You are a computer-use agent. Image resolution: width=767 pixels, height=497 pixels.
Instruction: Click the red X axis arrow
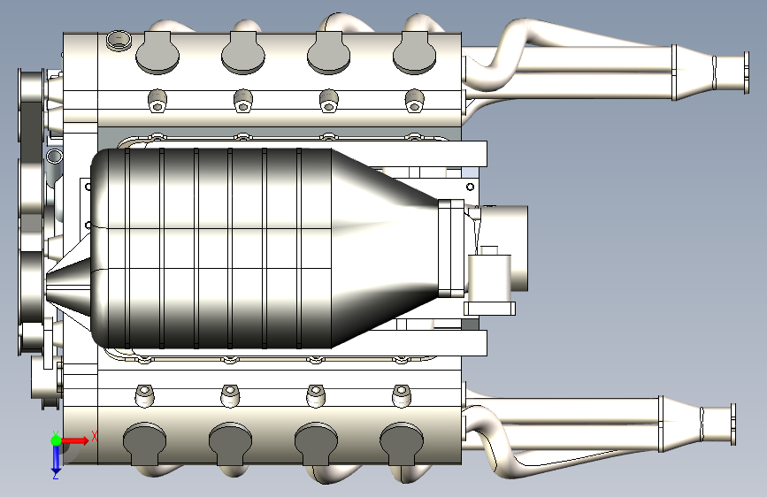(x=74, y=440)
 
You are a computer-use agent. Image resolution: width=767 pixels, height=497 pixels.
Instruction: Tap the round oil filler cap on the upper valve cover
(x=119, y=40)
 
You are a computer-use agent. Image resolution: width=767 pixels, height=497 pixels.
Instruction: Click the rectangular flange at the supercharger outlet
(x=451, y=248)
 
